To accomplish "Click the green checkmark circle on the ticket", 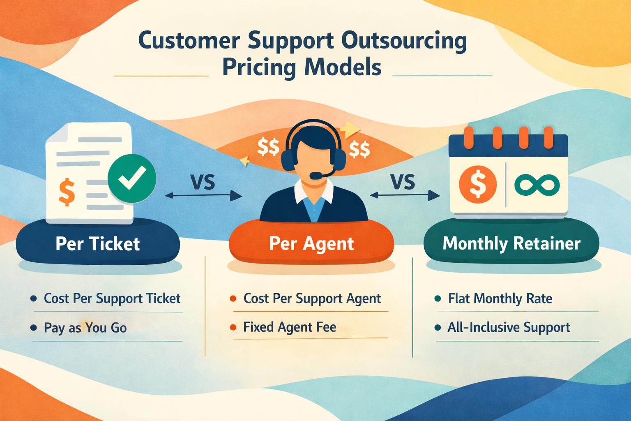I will tap(131, 180).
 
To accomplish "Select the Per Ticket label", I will tap(98, 244).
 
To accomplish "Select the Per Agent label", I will tap(311, 243).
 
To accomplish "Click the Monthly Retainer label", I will tap(511, 243).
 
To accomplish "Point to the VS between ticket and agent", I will tap(203, 182).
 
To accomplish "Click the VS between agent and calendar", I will tap(403, 182).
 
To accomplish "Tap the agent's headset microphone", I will tap(315, 176).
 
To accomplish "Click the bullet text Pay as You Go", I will tap(85, 328).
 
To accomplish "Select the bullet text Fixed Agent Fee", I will tap(290, 327).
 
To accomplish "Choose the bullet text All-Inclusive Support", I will tap(509, 327).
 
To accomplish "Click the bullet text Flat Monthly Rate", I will tap(500, 298).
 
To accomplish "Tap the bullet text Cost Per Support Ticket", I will tap(112, 298).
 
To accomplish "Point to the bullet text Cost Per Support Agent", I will tap(312, 298).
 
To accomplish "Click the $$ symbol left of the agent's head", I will tap(268, 147).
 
